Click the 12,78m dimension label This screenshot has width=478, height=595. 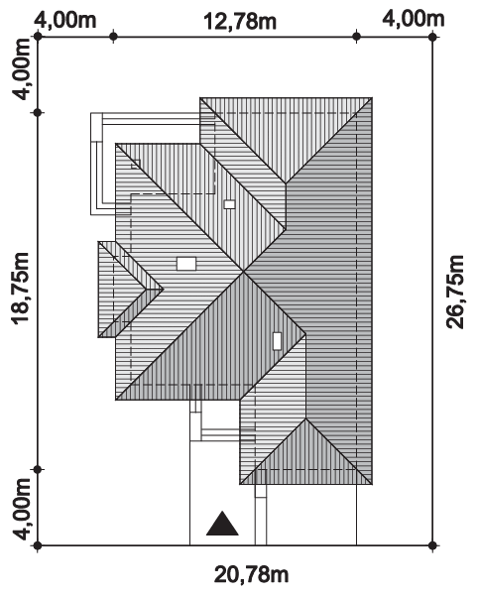240,22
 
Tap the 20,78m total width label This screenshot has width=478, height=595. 252,574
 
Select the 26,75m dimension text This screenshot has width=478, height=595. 455,292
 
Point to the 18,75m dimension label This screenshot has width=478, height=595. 21,288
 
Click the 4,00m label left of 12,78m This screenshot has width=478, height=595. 65,20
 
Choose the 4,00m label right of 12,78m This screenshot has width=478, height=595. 414,19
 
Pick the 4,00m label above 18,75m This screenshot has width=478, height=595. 21,69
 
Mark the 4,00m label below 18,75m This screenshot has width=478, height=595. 21,509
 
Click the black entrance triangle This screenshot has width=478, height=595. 222,524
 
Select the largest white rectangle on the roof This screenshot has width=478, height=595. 186,264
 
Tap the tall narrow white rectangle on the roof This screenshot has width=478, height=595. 278,341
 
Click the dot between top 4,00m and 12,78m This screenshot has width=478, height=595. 113,37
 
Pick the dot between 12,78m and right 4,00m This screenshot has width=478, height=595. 356,37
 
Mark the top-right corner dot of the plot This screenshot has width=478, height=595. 432,37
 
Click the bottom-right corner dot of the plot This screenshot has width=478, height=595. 432,545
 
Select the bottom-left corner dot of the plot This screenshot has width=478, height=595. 38,545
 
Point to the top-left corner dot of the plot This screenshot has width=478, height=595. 38,37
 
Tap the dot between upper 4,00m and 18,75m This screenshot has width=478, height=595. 38,113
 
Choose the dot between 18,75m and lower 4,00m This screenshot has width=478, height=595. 38,470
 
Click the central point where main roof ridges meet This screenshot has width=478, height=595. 244,272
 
